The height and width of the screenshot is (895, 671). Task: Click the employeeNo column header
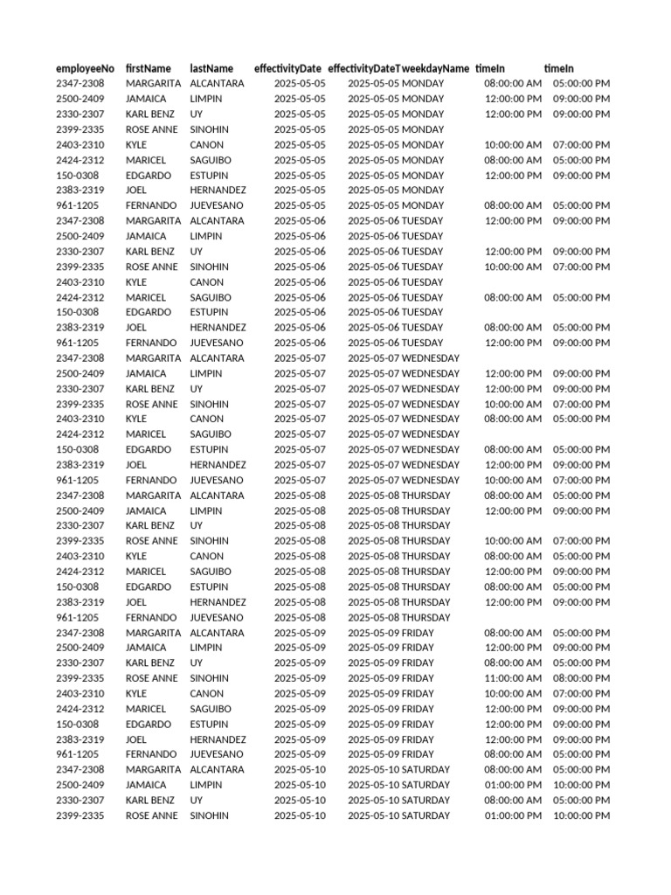[85, 68]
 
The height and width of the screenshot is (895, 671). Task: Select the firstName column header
[148, 68]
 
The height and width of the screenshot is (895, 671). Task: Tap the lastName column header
[211, 68]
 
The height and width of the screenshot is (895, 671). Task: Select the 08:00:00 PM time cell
[581, 678]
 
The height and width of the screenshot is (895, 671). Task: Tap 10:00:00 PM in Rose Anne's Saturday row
[581, 815]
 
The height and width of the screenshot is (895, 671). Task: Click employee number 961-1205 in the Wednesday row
[78, 480]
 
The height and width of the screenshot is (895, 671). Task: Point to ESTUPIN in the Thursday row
[211, 586]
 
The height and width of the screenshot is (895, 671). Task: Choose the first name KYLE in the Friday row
[136, 693]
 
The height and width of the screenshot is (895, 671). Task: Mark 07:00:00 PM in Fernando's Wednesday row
[581, 480]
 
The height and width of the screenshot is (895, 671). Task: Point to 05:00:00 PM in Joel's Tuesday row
[581, 328]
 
